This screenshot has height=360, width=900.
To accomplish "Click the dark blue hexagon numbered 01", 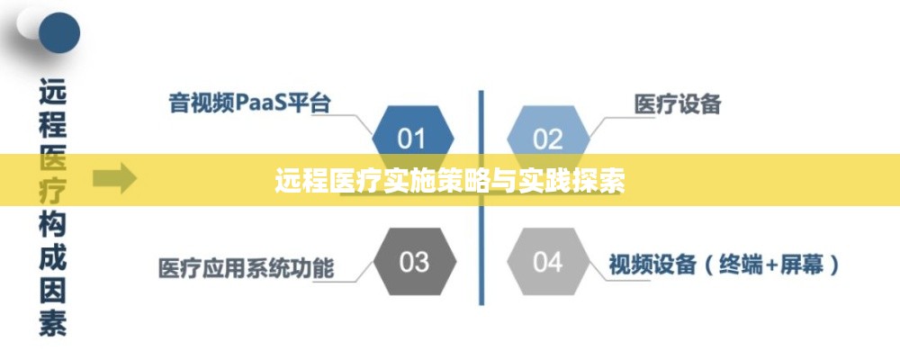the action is coord(413,139).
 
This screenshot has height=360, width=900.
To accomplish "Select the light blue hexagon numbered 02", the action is coord(548,139).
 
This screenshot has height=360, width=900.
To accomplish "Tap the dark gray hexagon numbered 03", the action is coord(414,262).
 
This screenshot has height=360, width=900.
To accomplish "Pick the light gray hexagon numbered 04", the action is coord(548,262).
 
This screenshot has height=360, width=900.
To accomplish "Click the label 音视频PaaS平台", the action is coord(249,103).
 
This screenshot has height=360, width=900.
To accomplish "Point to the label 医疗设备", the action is coord(678,103).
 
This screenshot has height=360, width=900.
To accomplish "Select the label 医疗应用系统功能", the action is coord(246,267).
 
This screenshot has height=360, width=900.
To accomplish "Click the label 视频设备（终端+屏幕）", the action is coord(724,265).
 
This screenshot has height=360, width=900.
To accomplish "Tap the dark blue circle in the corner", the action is coord(59,32).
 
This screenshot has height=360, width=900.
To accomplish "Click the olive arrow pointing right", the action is coord(115,178).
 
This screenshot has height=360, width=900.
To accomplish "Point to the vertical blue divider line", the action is coord(481,197).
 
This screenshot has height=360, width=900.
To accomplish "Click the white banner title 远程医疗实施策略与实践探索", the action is coord(449,181).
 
